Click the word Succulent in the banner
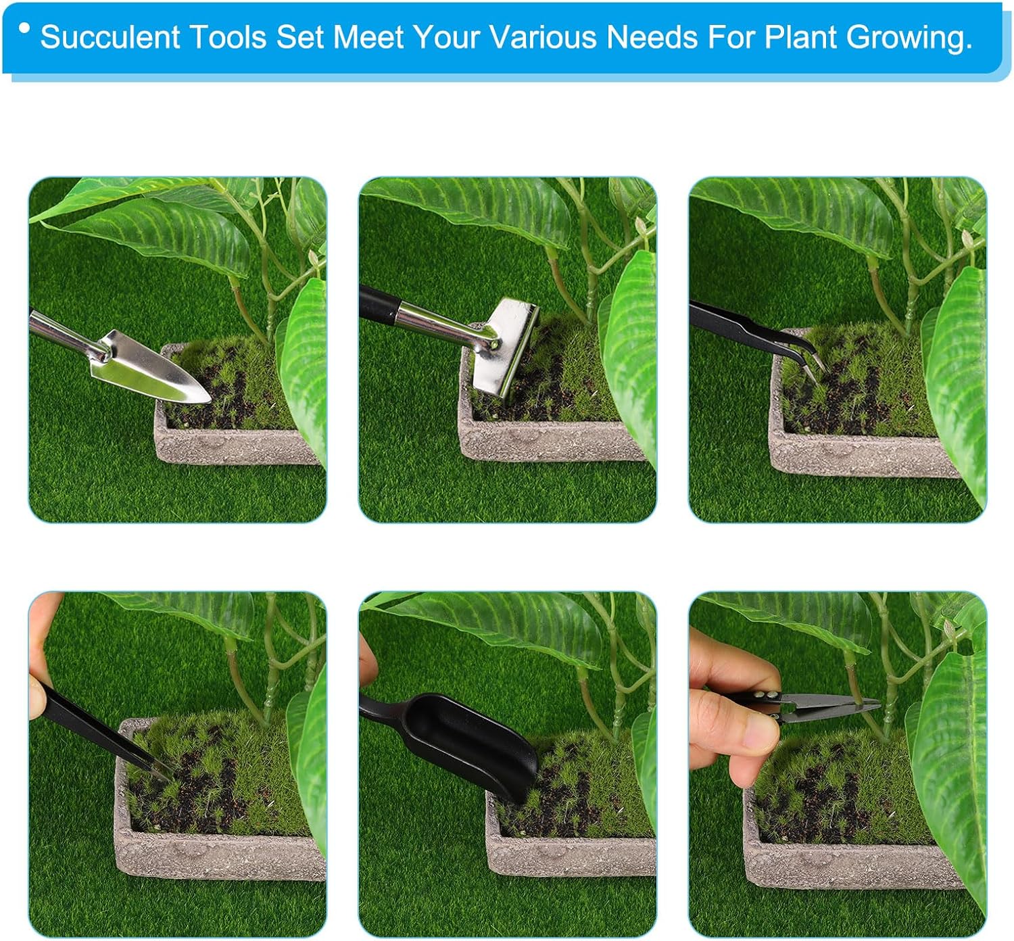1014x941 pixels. [110, 37]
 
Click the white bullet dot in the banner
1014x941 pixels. [24, 28]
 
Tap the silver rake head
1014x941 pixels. [505, 352]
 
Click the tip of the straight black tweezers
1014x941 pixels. [172, 779]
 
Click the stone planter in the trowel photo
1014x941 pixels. [235, 439]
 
